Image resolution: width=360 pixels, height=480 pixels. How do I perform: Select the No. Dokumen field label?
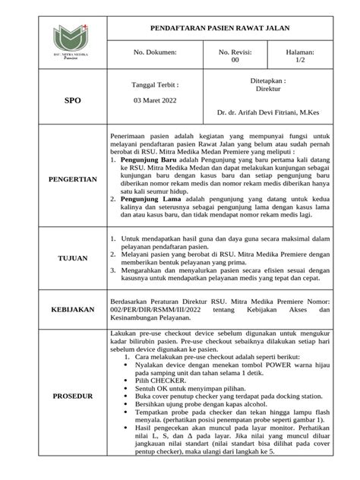point(154,52)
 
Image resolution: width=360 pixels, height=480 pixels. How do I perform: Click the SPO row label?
point(72,99)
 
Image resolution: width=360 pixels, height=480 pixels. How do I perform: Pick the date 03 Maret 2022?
point(156,99)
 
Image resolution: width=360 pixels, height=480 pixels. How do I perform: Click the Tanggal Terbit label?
point(156,85)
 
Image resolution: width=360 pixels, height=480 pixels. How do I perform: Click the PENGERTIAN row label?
point(73,180)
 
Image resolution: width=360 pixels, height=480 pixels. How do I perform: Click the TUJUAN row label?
point(73,259)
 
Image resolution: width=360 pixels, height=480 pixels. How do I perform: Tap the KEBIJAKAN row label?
point(72,310)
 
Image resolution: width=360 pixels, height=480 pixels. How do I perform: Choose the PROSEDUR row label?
point(72,396)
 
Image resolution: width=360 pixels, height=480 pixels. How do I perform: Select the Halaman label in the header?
point(299,52)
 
